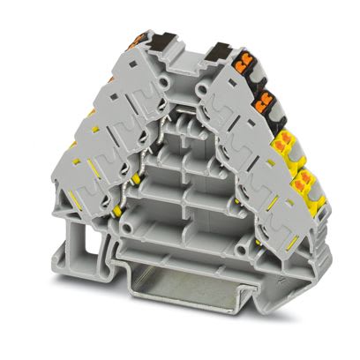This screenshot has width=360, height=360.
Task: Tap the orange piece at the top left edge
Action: tap(139, 39)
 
